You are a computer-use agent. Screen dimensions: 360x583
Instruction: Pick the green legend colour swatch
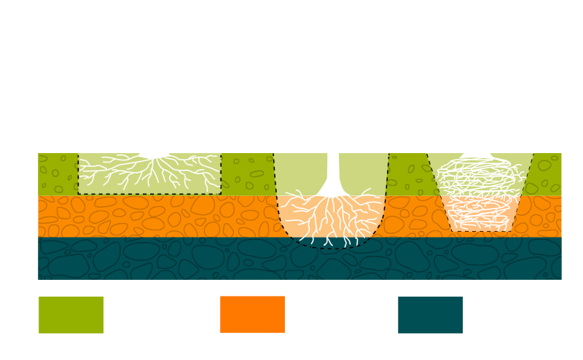click(71, 314)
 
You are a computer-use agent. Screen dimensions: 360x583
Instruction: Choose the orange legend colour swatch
click(252, 314)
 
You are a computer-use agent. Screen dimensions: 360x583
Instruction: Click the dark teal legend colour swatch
click(431, 314)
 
